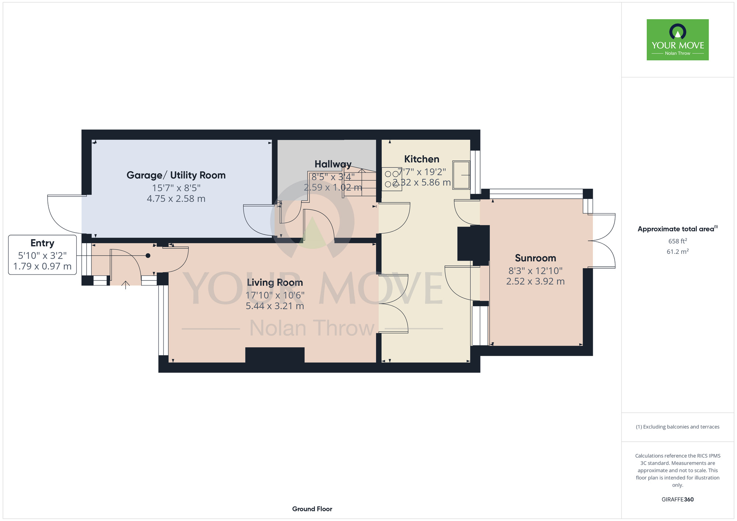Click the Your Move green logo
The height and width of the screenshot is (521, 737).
tap(677, 40)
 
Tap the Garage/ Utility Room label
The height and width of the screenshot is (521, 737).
tap(176, 175)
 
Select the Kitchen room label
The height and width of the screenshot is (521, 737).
tap(422, 159)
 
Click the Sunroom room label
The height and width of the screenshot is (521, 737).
tap(535, 258)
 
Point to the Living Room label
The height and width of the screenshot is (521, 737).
tap(275, 283)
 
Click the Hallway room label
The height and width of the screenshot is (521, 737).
tap(333, 164)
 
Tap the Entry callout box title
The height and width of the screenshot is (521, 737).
tap(42, 243)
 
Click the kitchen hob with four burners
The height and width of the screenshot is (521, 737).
tap(392, 179)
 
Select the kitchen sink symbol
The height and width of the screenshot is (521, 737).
tap(461, 175)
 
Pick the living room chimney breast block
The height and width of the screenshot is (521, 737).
tap(275, 355)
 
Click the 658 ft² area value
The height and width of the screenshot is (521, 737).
tap(678, 241)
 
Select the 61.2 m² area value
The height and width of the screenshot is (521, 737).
tap(678, 252)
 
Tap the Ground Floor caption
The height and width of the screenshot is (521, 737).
tap(312, 509)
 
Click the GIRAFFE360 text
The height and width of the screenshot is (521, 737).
tap(678, 500)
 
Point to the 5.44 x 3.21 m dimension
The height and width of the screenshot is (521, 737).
tap(275, 306)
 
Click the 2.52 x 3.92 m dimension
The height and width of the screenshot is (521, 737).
tap(535, 282)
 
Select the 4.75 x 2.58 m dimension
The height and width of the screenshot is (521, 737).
tap(176, 199)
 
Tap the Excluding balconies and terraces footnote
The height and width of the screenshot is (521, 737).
tap(678, 427)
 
